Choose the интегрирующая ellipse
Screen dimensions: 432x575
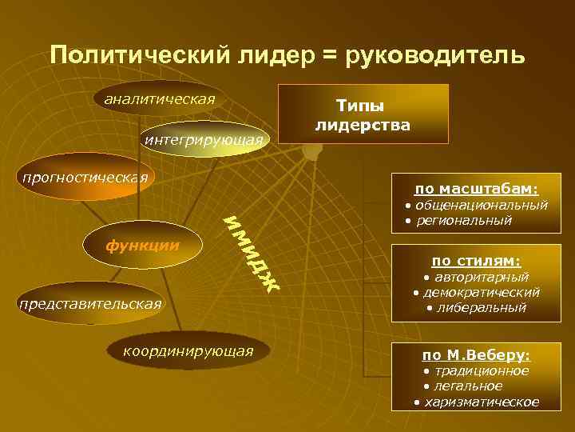click(x=204, y=141)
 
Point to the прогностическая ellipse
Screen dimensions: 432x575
click(x=85, y=177)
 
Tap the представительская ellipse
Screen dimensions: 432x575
click(x=89, y=304)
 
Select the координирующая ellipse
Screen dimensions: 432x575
click(x=188, y=351)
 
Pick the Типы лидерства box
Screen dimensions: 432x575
click(x=363, y=114)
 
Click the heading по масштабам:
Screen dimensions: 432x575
click(x=476, y=189)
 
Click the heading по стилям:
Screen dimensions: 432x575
click(x=476, y=261)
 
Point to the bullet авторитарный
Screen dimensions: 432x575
click(x=476, y=277)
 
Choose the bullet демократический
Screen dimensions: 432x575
click(x=476, y=292)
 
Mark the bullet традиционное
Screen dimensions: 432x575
click(x=476, y=371)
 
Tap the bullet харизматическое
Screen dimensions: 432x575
click(x=476, y=402)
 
